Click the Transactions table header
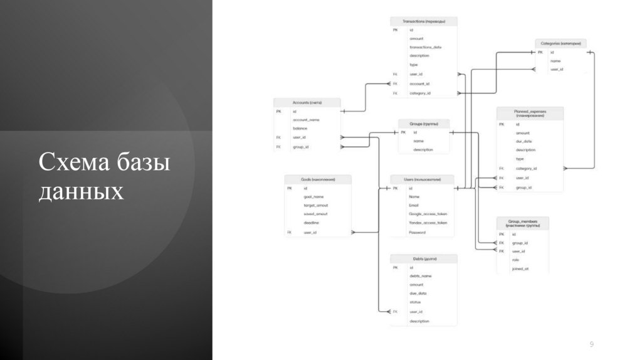[424, 21]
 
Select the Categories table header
[561, 44]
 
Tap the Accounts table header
[307, 102]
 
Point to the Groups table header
[424, 124]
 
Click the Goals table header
[318, 179]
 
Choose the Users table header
[421, 179]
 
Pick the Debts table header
[424, 258]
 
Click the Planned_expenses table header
[530, 113]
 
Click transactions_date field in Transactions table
[426, 47]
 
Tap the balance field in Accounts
[300, 129]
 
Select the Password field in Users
[417, 233]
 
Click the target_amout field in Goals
[316, 205]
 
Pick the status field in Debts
[415, 302]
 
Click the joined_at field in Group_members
[520, 268]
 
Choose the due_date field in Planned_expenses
[524, 142]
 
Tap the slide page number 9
[591, 344]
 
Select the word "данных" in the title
[82, 192]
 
